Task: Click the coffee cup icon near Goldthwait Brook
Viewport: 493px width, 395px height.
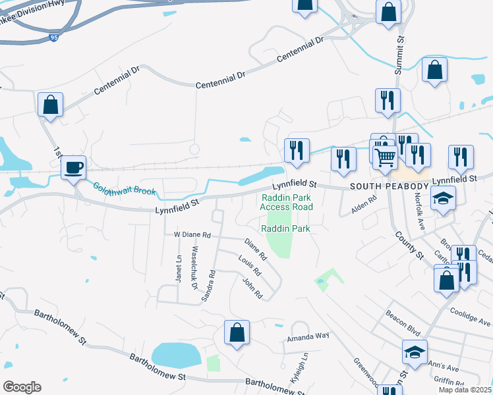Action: coord(74,167)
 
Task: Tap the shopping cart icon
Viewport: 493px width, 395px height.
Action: coord(384,157)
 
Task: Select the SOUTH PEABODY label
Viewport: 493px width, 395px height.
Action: coord(389,187)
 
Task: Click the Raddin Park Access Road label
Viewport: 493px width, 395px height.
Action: coord(286,201)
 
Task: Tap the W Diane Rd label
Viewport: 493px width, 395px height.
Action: coord(192,234)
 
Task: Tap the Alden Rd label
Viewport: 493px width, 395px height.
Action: coord(363,205)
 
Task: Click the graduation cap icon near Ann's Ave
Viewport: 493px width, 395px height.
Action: coord(415,352)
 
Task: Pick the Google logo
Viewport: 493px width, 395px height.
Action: coord(22,387)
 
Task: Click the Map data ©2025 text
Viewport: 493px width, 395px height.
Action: coord(465,390)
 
